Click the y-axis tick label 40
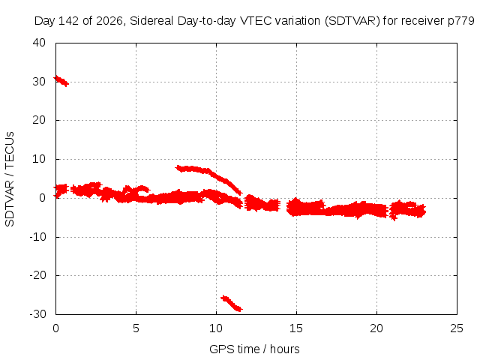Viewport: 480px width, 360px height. tap(39, 43)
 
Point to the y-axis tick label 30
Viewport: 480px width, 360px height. tap(39, 82)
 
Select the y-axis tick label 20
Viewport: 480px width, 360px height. tap(39, 120)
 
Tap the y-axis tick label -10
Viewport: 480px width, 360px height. tap(37, 237)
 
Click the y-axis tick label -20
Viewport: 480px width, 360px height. tap(37, 275)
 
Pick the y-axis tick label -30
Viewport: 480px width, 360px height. tap(37, 314)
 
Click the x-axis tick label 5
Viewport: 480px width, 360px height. tap(136, 328)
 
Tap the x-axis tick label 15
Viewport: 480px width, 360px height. tap(296, 328)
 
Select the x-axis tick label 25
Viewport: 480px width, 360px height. tap(457, 328)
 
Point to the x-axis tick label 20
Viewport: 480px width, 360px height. tap(376, 328)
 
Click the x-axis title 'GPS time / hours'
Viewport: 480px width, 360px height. tap(254, 349)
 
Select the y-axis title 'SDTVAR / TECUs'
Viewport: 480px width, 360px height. tap(10, 179)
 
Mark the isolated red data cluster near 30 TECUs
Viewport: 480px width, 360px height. tap(61, 81)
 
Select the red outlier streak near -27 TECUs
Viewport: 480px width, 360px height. tap(232, 303)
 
